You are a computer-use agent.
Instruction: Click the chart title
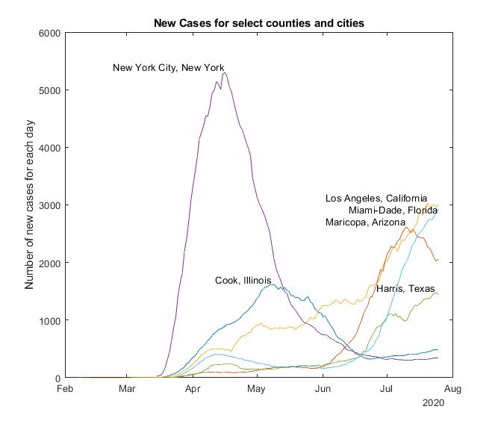click(x=258, y=23)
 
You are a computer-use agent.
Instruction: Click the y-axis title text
click(x=31, y=205)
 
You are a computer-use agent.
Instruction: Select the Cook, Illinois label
click(x=243, y=281)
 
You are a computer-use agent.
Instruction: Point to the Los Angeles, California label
click(x=376, y=199)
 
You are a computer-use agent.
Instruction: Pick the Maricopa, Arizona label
click(x=365, y=222)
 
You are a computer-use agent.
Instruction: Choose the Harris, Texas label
click(x=405, y=289)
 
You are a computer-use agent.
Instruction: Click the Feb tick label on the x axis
click(x=65, y=389)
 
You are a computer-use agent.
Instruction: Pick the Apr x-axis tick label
click(x=193, y=389)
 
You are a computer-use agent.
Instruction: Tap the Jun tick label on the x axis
click(x=323, y=389)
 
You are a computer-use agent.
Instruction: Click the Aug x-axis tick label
click(x=451, y=389)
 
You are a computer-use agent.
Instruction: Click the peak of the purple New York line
click(x=224, y=72)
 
